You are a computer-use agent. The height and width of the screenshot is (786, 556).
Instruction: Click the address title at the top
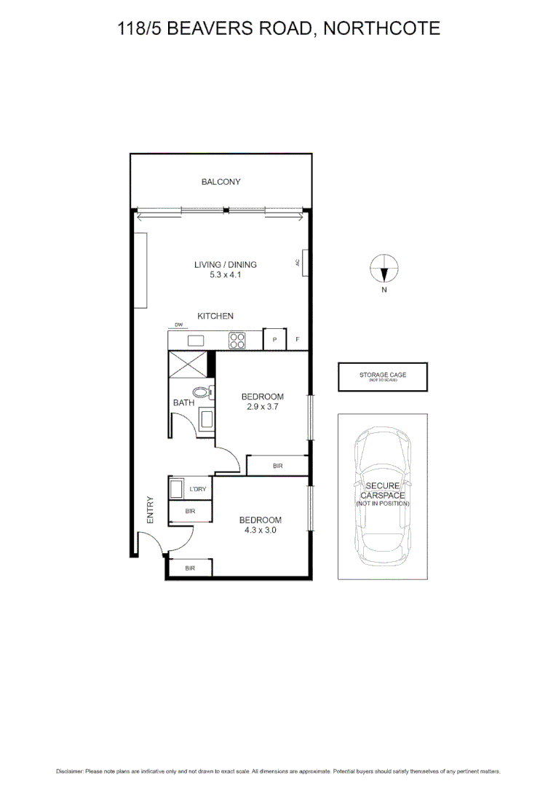[279, 29]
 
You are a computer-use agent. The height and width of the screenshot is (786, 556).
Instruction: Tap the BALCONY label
[221, 182]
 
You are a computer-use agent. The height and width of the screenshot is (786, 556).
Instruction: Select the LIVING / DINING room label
[225, 265]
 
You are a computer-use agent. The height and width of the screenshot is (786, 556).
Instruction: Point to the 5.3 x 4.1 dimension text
[225, 275]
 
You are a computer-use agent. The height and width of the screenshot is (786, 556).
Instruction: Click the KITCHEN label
[215, 316]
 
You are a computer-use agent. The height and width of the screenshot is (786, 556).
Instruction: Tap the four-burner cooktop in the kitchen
[237, 339]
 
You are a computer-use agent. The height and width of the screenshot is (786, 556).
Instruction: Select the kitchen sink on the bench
[196, 339]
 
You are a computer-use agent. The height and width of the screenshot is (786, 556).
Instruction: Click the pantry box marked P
[274, 339]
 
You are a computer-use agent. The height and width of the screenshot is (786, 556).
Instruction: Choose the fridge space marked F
[297, 339]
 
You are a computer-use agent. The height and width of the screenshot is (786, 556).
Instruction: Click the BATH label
[183, 402]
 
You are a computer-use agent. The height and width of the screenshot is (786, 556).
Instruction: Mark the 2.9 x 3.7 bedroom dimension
[262, 408]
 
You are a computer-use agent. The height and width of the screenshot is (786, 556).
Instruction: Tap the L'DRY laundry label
[197, 489]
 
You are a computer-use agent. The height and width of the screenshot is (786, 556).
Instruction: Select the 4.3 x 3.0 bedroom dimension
[261, 531]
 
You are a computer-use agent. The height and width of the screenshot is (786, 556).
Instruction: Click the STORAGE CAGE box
[382, 376]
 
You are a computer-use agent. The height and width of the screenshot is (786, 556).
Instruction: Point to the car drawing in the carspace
[382, 495]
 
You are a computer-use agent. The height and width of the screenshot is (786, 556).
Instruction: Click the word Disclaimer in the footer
[69, 771]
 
